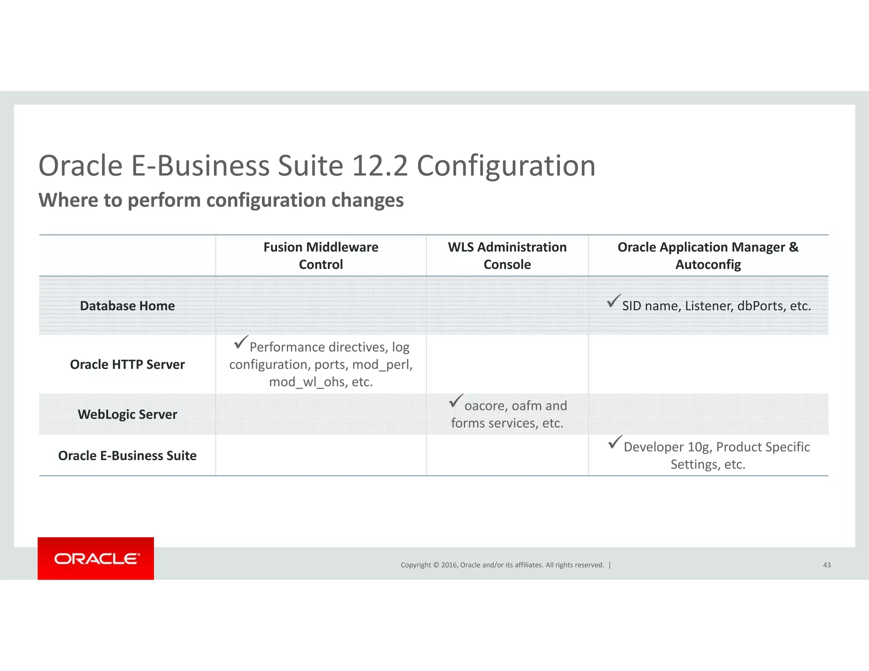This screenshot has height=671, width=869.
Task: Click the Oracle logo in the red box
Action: (96, 559)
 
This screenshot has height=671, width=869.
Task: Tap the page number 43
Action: (827, 565)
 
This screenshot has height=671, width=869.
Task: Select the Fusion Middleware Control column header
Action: (321, 255)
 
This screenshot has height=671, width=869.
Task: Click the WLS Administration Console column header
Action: (507, 255)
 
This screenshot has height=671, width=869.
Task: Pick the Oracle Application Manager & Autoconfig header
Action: (708, 255)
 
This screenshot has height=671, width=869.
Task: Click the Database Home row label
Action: (127, 306)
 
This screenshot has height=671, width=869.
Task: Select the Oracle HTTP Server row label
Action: (127, 364)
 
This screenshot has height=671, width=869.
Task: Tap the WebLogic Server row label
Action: (127, 414)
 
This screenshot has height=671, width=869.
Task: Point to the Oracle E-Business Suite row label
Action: (127, 456)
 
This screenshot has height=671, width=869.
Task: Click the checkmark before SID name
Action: (614, 301)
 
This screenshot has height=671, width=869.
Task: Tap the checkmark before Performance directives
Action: (241, 342)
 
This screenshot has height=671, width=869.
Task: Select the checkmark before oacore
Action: (456, 401)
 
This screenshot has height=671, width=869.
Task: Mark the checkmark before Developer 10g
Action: (615, 442)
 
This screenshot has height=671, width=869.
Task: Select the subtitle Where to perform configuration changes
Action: (221, 200)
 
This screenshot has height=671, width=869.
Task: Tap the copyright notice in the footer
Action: (502, 565)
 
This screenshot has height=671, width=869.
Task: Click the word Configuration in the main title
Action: (506, 165)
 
